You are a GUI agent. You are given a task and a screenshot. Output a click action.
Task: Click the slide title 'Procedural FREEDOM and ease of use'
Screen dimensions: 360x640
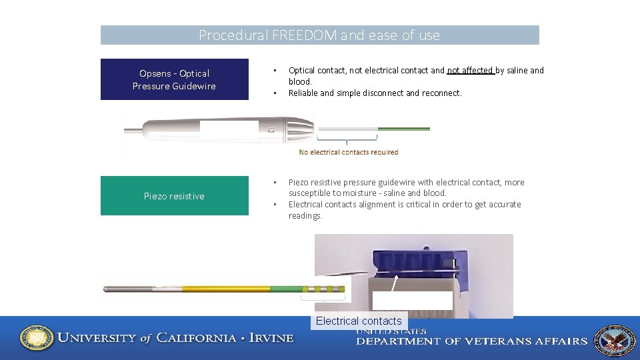pyautogui.click(x=319, y=35)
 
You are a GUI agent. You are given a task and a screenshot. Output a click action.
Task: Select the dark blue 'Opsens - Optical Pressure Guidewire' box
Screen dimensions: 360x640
pyautogui.click(x=174, y=79)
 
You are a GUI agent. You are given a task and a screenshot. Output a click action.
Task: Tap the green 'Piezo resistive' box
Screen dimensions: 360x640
pyautogui.click(x=174, y=196)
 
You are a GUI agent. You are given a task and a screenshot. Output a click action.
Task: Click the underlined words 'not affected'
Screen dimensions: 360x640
pyautogui.click(x=470, y=70)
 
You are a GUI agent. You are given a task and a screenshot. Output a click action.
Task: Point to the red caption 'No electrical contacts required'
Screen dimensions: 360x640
pyautogui.click(x=348, y=152)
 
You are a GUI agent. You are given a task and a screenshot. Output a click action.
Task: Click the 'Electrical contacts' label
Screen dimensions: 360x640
pyautogui.click(x=359, y=321)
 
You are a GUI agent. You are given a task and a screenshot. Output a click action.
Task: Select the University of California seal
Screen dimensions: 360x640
pyautogui.click(x=37, y=338)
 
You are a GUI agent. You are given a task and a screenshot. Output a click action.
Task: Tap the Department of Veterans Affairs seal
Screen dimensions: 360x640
pyautogui.click(x=614, y=340)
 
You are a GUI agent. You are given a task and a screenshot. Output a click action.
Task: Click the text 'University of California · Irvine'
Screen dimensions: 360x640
pyautogui.click(x=175, y=338)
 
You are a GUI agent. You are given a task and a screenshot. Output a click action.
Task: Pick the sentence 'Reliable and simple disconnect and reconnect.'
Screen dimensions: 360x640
pyautogui.click(x=375, y=93)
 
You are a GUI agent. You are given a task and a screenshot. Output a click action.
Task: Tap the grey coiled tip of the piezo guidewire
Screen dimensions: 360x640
pyautogui.click(x=130, y=289)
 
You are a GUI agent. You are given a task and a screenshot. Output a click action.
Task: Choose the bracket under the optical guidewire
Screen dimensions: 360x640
pyautogui.click(x=347, y=140)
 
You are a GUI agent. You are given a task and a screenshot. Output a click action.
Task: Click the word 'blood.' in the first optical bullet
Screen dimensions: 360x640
pyautogui.click(x=300, y=81)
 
